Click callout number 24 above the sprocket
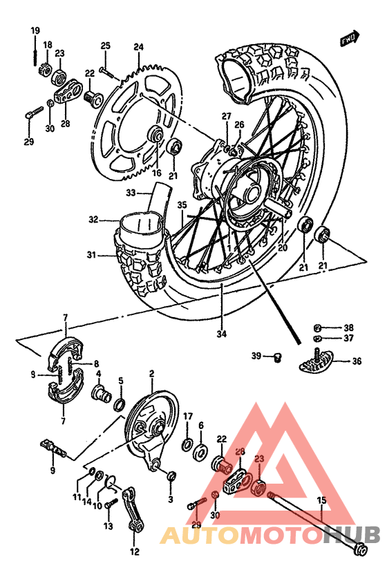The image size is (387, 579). click(138, 47)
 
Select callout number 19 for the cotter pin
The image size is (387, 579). click(35, 30)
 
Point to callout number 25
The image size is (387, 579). click(105, 46)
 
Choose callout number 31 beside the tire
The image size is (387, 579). click(92, 255)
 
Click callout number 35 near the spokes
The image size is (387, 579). click(182, 205)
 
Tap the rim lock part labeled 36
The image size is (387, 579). click(319, 359)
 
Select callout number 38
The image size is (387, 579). click(348, 328)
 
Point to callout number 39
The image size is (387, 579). click(256, 356)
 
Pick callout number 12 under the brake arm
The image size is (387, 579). click(133, 551)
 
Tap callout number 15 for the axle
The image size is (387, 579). click(321, 500)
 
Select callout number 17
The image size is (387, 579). click(187, 415)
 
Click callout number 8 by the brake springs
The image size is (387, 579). click(96, 363)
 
